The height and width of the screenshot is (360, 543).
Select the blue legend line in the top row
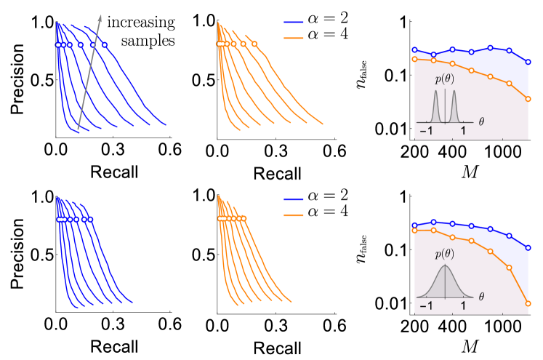[x=294, y=23]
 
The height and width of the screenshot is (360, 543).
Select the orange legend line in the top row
[x=294, y=38]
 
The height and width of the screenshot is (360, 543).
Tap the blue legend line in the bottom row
[x=294, y=199]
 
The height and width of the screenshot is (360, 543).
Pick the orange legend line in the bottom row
[x=294, y=215]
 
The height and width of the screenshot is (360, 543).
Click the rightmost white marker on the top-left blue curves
[x=105, y=45]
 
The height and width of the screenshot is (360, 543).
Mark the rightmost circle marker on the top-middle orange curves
[x=254, y=44]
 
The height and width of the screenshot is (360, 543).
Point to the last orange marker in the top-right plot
[x=528, y=99]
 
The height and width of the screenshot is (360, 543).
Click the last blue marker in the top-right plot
[x=528, y=60]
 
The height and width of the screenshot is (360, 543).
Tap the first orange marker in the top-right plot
[x=414, y=59]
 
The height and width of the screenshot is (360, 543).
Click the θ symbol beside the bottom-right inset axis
[x=480, y=297]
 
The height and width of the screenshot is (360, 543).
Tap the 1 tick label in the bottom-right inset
[x=463, y=307]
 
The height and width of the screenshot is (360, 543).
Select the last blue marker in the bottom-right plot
[x=528, y=247]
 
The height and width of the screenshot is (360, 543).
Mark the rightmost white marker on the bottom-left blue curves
[x=90, y=219]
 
